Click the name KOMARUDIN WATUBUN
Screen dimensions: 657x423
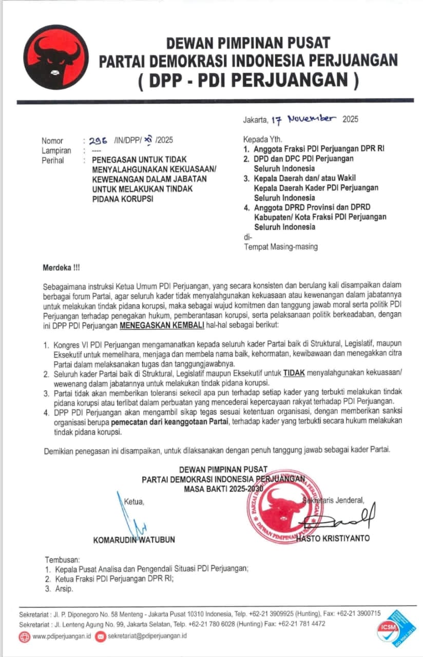click(134, 539)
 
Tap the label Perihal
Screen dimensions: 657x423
click(53, 160)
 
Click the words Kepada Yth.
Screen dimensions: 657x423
click(262, 139)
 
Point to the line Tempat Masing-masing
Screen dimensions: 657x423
click(280, 247)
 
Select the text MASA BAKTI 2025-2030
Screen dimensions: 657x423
click(223, 489)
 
